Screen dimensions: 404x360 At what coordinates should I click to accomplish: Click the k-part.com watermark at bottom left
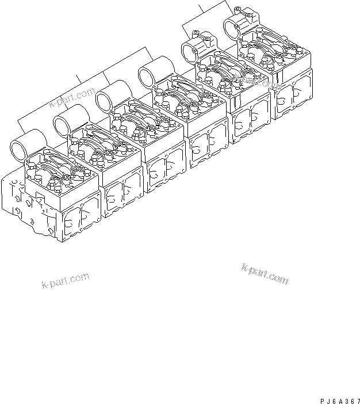point(65,281)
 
